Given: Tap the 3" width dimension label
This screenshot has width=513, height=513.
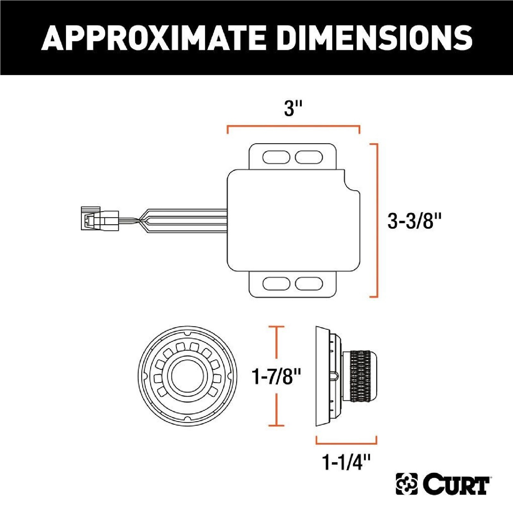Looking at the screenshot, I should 293,108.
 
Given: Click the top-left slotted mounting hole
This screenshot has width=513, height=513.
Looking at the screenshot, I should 276,157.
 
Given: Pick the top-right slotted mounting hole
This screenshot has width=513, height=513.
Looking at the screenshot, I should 308,157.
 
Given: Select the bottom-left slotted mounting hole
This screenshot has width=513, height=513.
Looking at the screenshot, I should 276,283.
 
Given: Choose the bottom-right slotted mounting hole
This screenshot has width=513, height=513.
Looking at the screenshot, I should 308,283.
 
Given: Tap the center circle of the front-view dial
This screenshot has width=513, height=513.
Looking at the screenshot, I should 187,376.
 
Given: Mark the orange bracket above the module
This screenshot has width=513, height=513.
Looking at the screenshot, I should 293,126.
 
